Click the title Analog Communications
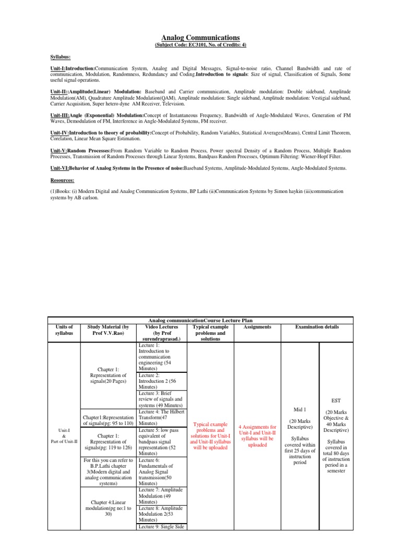click(x=200, y=38)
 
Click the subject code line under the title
click(x=200, y=45)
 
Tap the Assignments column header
click(x=257, y=327)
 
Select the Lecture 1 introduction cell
click(x=159, y=357)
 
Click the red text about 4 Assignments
click(x=257, y=435)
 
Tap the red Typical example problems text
click(x=211, y=435)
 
